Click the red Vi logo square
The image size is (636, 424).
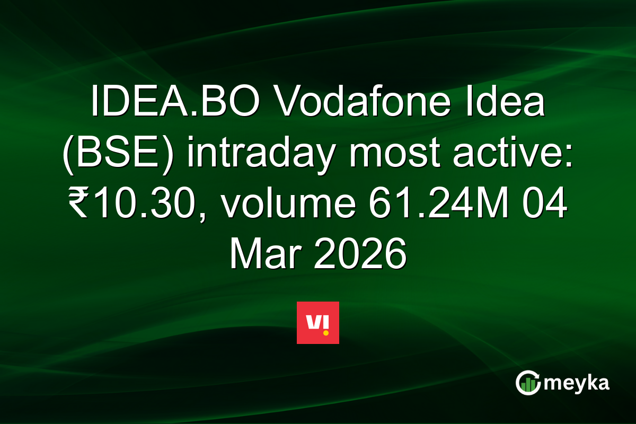pyautogui.click(x=317, y=323)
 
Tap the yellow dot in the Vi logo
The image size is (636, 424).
pyautogui.click(x=325, y=333)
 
